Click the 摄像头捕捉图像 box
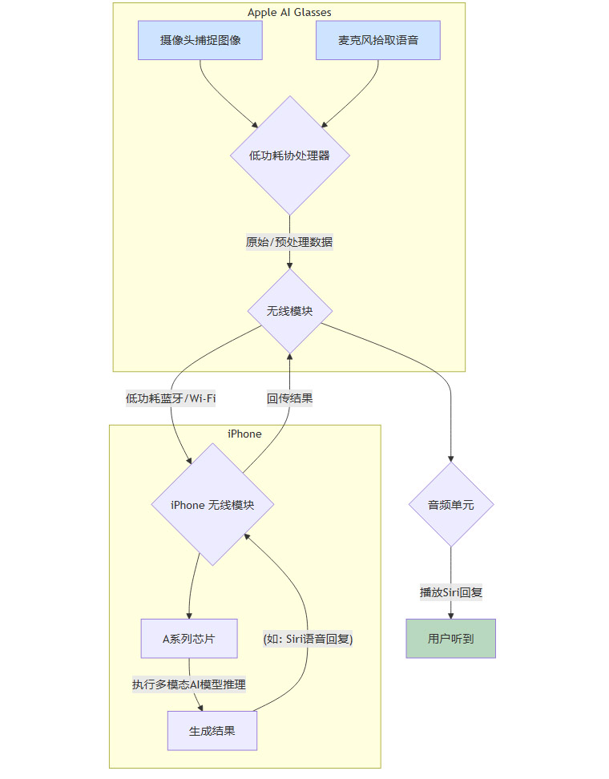pos(200,40)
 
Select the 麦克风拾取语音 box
pos(378,40)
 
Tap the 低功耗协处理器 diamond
pos(289,155)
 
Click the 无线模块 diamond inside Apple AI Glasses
pos(289,311)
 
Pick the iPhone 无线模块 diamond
pos(213,505)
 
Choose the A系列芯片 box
pos(189,639)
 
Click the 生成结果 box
pos(212,731)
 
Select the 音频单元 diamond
pos(450,505)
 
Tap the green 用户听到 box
pos(450,639)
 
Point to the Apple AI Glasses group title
pos(289,12)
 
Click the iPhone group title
pos(244,434)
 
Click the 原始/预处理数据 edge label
pos(289,242)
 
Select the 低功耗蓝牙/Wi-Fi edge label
pos(171,398)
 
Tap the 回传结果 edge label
pos(289,398)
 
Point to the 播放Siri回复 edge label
pos(450,593)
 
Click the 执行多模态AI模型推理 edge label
pos(189,684)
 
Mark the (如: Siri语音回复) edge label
pos(309,639)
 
